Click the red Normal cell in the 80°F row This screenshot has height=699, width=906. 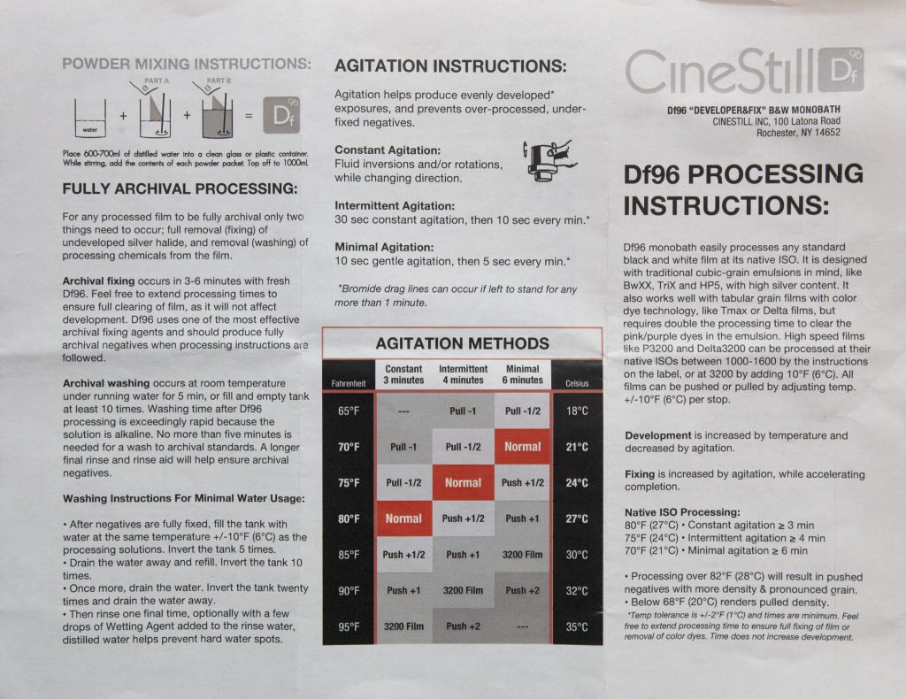click(403, 518)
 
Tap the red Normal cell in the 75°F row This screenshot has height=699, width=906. click(463, 482)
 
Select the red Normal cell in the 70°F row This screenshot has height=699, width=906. click(522, 447)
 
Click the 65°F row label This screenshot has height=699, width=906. click(349, 411)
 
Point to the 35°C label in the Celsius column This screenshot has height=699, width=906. click(577, 626)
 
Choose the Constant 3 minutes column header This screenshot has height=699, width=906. click(403, 374)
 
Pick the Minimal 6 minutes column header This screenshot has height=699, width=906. click(522, 374)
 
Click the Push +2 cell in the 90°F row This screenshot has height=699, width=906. click(522, 590)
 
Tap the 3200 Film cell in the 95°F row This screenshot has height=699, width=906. click(403, 626)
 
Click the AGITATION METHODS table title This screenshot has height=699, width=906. click(462, 343)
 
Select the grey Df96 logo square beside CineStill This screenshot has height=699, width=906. click(841, 70)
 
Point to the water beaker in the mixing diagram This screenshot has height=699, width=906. click(90, 118)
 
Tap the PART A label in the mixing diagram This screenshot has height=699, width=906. click(157, 81)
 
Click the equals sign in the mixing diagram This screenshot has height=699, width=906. click(249, 116)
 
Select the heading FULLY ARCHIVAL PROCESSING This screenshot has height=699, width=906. click(180, 188)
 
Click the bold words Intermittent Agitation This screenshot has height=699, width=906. click(395, 205)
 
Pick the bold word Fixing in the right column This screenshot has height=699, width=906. click(640, 474)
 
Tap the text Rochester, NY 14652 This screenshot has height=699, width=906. click(799, 133)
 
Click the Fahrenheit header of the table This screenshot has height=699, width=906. click(349, 384)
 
